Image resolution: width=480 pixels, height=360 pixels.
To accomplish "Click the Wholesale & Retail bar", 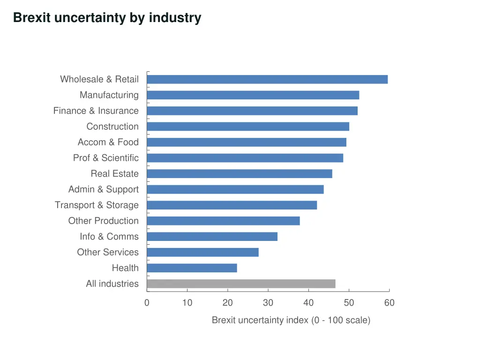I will pyautogui.click(x=267, y=79).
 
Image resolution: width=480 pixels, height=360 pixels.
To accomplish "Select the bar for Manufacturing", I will pyautogui.click(x=253, y=95).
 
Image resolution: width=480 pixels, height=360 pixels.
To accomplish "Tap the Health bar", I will pyautogui.click(x=192, y=268).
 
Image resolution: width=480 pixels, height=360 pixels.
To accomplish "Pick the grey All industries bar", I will pyautogui.click(x=241, y=284).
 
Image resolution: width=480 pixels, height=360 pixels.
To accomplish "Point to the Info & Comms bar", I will pyautogui.click(x=212, y=237).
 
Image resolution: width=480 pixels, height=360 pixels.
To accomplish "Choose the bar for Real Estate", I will pyautogui.click(x=240, y=174).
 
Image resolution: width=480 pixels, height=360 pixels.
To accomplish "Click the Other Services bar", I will pyautogui.click(x=202, y=252).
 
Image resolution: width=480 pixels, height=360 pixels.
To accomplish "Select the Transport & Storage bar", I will pyautogui.click(x=232, y=205).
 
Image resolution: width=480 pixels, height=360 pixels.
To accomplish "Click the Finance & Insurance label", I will pyautogui.click(x=96, y=111).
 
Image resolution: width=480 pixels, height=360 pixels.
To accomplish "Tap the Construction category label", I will pyautogui.click(x=112, y=127).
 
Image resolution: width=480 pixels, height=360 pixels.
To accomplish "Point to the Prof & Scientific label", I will pyautogui.click(x=105, y=158).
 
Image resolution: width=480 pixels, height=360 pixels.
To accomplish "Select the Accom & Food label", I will pyautogui.click(x=108, y=142).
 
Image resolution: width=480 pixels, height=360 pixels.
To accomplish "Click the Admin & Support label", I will pyautogui.click(x=103, y=189).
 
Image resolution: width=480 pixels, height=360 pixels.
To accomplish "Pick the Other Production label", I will pyautogui.click(x=103, y=221).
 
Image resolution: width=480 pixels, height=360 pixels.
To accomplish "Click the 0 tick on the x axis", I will pyautogui.click(x=147, y=303).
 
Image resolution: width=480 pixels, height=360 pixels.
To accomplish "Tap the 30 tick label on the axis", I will pyautogui.click(x=268, y=303).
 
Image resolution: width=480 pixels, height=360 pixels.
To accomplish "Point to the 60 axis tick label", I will pyautogui.click(x=389, y=303).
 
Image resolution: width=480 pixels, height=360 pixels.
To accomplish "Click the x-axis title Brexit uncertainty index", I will pyautogui.click(x=291, y=320).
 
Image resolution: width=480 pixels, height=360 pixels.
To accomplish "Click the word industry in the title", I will pyautogui.click(x=175, y=18).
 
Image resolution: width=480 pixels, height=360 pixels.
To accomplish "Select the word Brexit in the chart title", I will pyautogui.click(x=32, y=18).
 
